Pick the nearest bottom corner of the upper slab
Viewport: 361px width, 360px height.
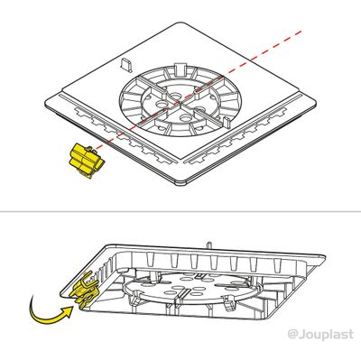click(186, 184)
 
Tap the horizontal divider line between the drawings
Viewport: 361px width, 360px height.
click(180, 214)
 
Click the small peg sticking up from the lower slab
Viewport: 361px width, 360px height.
click(209, 243)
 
